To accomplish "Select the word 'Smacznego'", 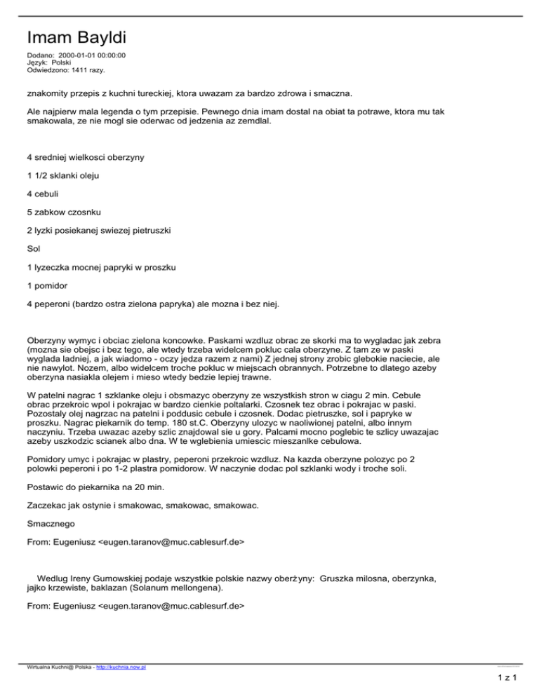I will tap(51, 523).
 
